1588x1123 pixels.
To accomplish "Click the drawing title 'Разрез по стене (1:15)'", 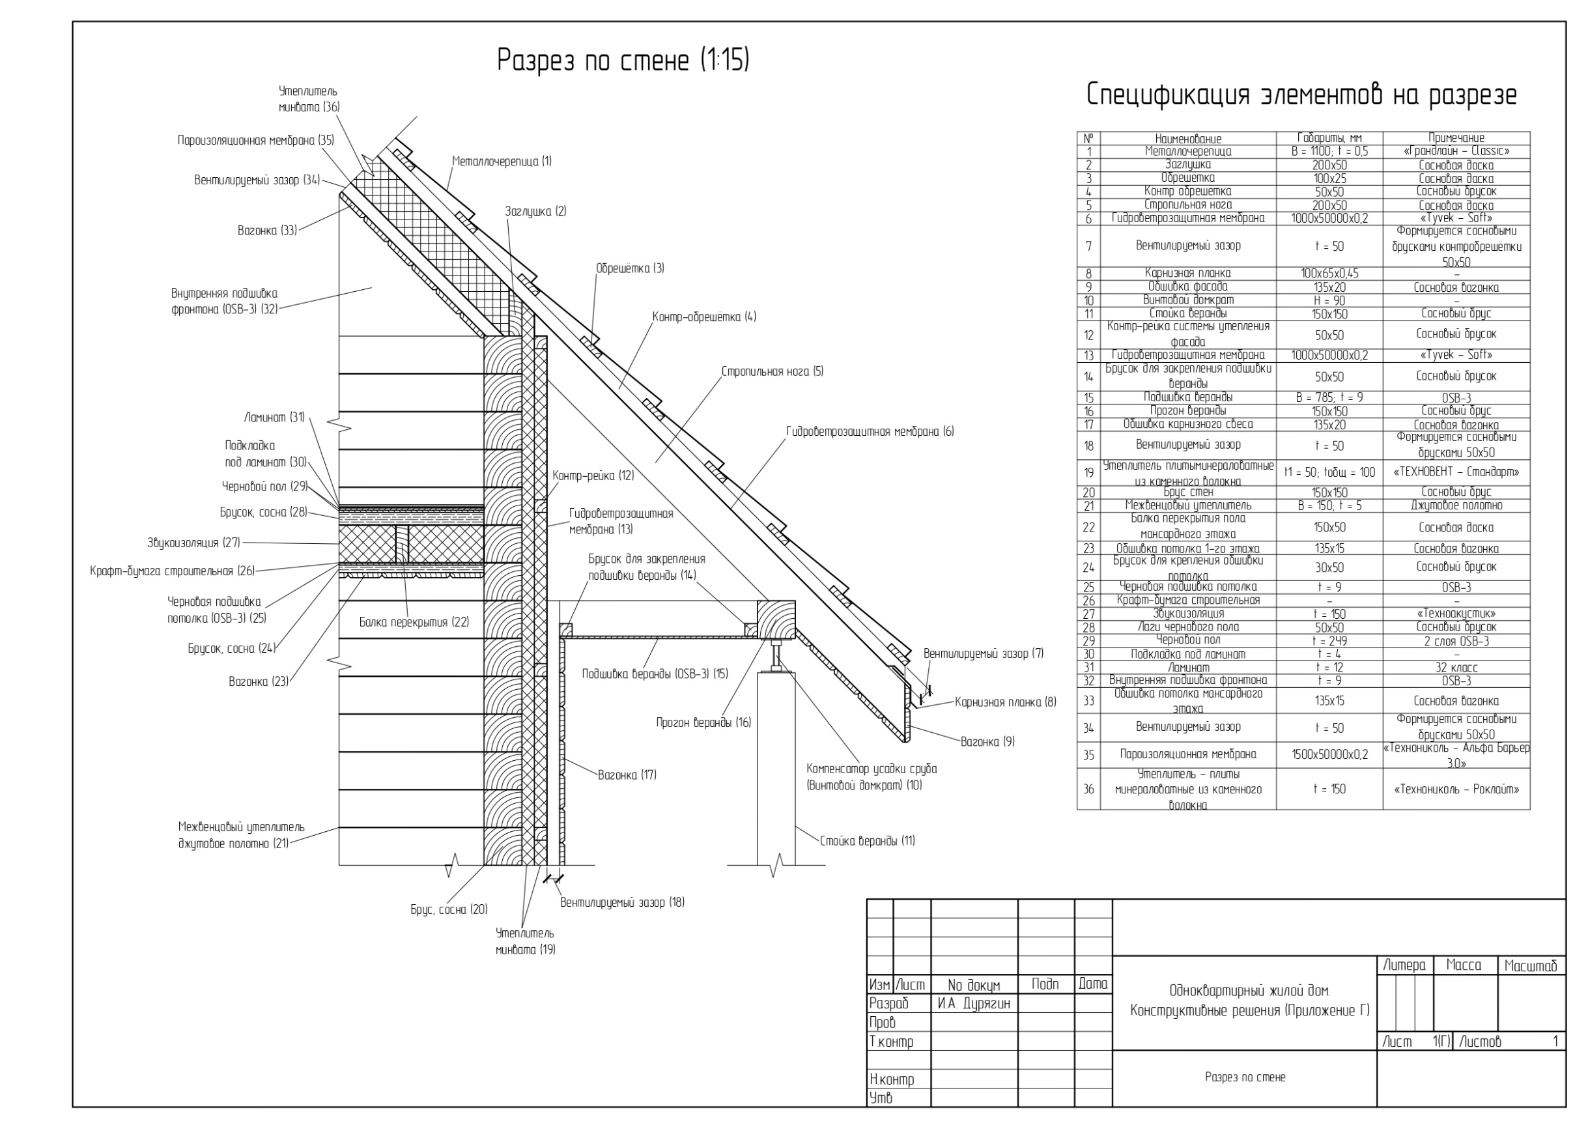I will [623, 60].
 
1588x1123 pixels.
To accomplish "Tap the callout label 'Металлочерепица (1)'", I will [502, 162].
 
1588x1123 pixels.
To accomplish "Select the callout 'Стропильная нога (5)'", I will [772, 371].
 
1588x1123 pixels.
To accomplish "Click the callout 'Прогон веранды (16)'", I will [703, 722].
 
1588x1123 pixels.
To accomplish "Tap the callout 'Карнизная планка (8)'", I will [1005, 703].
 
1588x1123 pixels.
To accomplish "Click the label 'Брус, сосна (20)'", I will [449, 909].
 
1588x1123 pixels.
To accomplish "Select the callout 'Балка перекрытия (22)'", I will [414, 622].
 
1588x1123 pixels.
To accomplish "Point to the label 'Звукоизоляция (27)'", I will [193, 543].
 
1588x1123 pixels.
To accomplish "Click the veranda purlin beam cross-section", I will [775, 619].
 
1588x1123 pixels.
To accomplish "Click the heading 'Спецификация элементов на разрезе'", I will [1301, 95].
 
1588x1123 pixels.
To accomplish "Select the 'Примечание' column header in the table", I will [1456, 138].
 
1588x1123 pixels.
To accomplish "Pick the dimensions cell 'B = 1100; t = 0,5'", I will [1329, 151].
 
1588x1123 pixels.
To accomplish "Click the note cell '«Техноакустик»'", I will [1456, 614].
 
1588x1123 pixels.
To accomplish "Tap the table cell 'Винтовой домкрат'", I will [1187, 300].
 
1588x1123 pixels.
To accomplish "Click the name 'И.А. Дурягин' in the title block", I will [973, 1003].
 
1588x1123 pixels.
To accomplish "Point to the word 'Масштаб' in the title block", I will [1530, 966].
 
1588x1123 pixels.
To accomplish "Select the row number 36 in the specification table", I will [1088, 789].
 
